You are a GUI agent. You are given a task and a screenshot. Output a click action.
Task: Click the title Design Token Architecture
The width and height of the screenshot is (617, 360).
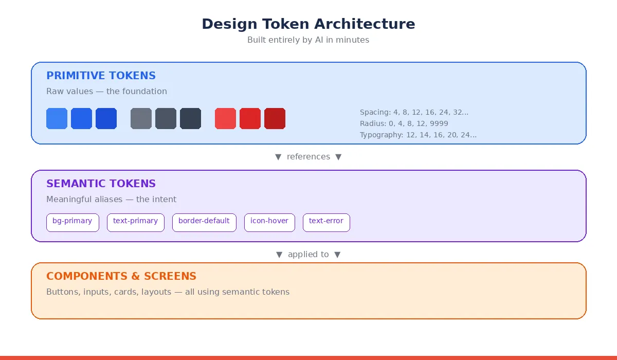pyautogui.click(x=308, y=24)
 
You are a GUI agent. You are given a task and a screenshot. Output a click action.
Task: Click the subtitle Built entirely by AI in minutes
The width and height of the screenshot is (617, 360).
pyautogui.click(x=308, y=40)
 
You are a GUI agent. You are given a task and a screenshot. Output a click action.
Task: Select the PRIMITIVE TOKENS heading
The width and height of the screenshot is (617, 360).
pyautogui.click(x=101, y=76)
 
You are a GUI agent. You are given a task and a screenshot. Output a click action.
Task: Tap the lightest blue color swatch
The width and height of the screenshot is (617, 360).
pyautogui.click(x=57, y=118)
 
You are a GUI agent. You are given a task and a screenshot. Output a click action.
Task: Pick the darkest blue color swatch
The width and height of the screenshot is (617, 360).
pyautogui.click(x=106, y=118)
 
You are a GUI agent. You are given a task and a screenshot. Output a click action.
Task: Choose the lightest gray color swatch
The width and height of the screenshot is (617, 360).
pyautogui.click(x=141, y=118)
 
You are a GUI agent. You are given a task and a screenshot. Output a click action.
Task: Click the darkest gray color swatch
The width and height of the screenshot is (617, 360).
pyautogui.click(x=190, y=118)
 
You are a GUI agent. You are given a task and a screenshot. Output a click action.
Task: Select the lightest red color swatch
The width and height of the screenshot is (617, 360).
pyautogui.click(x=225, y=118)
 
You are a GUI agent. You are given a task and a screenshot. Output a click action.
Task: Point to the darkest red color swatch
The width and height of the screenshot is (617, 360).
pyautogui.click(x=275, y=118)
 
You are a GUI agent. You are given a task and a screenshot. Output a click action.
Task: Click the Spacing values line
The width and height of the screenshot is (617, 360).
pyautogui.click(x=414, y=113)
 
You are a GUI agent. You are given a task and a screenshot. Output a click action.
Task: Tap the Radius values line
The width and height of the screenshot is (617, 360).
pyautogui.click(x=404, y=123)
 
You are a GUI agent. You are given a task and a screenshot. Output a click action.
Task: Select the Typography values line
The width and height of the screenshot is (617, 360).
pyautogui.click(x=418, y=135)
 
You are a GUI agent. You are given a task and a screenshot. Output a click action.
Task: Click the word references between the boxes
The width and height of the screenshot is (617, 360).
pyautogui.click(x=308, y=157)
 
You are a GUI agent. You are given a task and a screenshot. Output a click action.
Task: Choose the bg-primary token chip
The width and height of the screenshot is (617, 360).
pyautogui.click(x=72, y=223)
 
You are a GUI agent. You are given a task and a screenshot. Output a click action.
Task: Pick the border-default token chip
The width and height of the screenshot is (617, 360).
pyautogui.click(x=204, y=223)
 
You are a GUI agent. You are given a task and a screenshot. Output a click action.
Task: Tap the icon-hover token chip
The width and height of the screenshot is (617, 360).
pyautogui.click(x=269, y=223)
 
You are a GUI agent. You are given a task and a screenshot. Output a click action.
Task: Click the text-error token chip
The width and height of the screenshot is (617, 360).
pyautogui.click(x=326, y=223)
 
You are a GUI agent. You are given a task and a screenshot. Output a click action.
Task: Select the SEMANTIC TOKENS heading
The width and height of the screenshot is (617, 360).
pyautogui.click(x=101, y=184)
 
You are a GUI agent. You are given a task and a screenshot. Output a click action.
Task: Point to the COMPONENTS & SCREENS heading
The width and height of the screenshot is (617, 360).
pyautogui.click(x=121, y=276)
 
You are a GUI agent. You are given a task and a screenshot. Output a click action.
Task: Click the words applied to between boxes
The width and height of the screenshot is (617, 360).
pyautogui.click(x=308, y=255)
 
